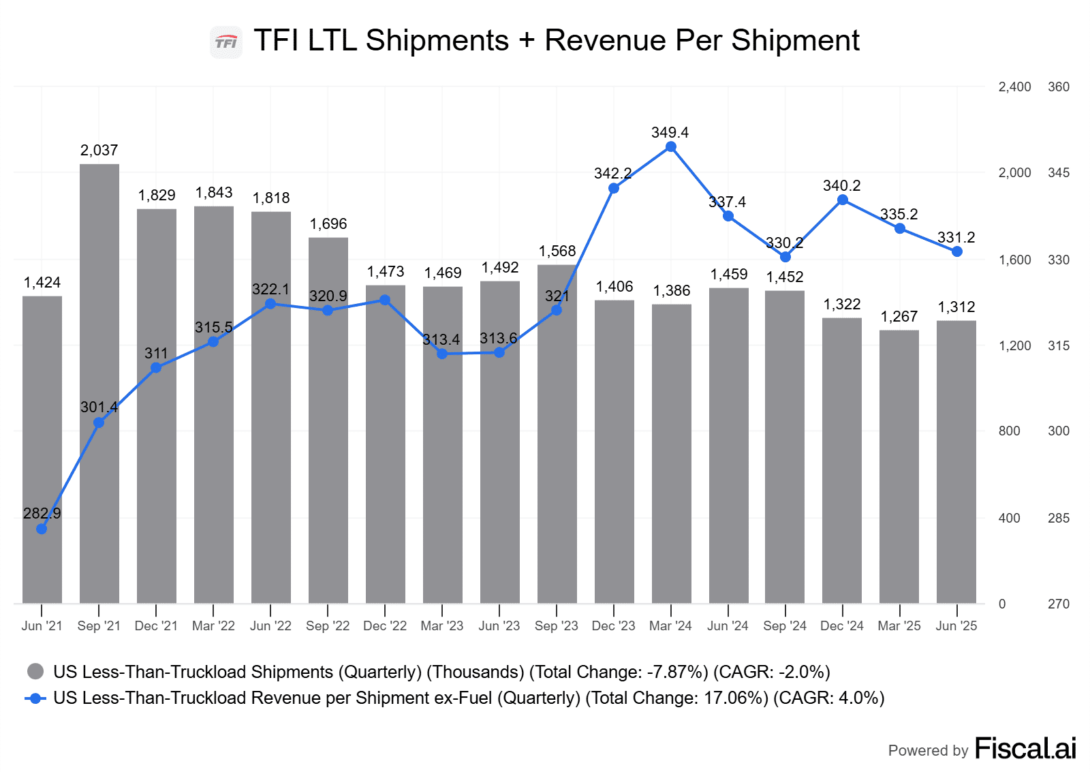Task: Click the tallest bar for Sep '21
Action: click(x=99, y=382)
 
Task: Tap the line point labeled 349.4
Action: click(x=671, y=147)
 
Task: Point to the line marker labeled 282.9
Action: click(x=42, y=529)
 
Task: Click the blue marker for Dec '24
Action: click(x=843, y=200)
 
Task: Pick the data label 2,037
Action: click(x=99, y=151)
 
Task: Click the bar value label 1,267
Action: click(x=899, y=317)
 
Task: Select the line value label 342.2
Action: click(x=612, y=174)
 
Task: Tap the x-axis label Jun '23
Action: click(x=499, y=626)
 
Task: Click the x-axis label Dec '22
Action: click(x=385, y=626)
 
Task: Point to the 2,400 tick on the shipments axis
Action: click(x=1014, y=87)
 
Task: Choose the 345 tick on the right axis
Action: click(x=1059, y=173)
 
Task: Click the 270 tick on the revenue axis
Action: click(x=1059, y=604)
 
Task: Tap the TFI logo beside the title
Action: click(x=226, y=42)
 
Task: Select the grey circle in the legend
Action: click(x=35, y=672)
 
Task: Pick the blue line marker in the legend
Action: click(x=35, y=698)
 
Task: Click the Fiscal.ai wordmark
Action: click(x=1025, y=749)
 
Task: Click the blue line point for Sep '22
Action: click(x=328, y=311)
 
